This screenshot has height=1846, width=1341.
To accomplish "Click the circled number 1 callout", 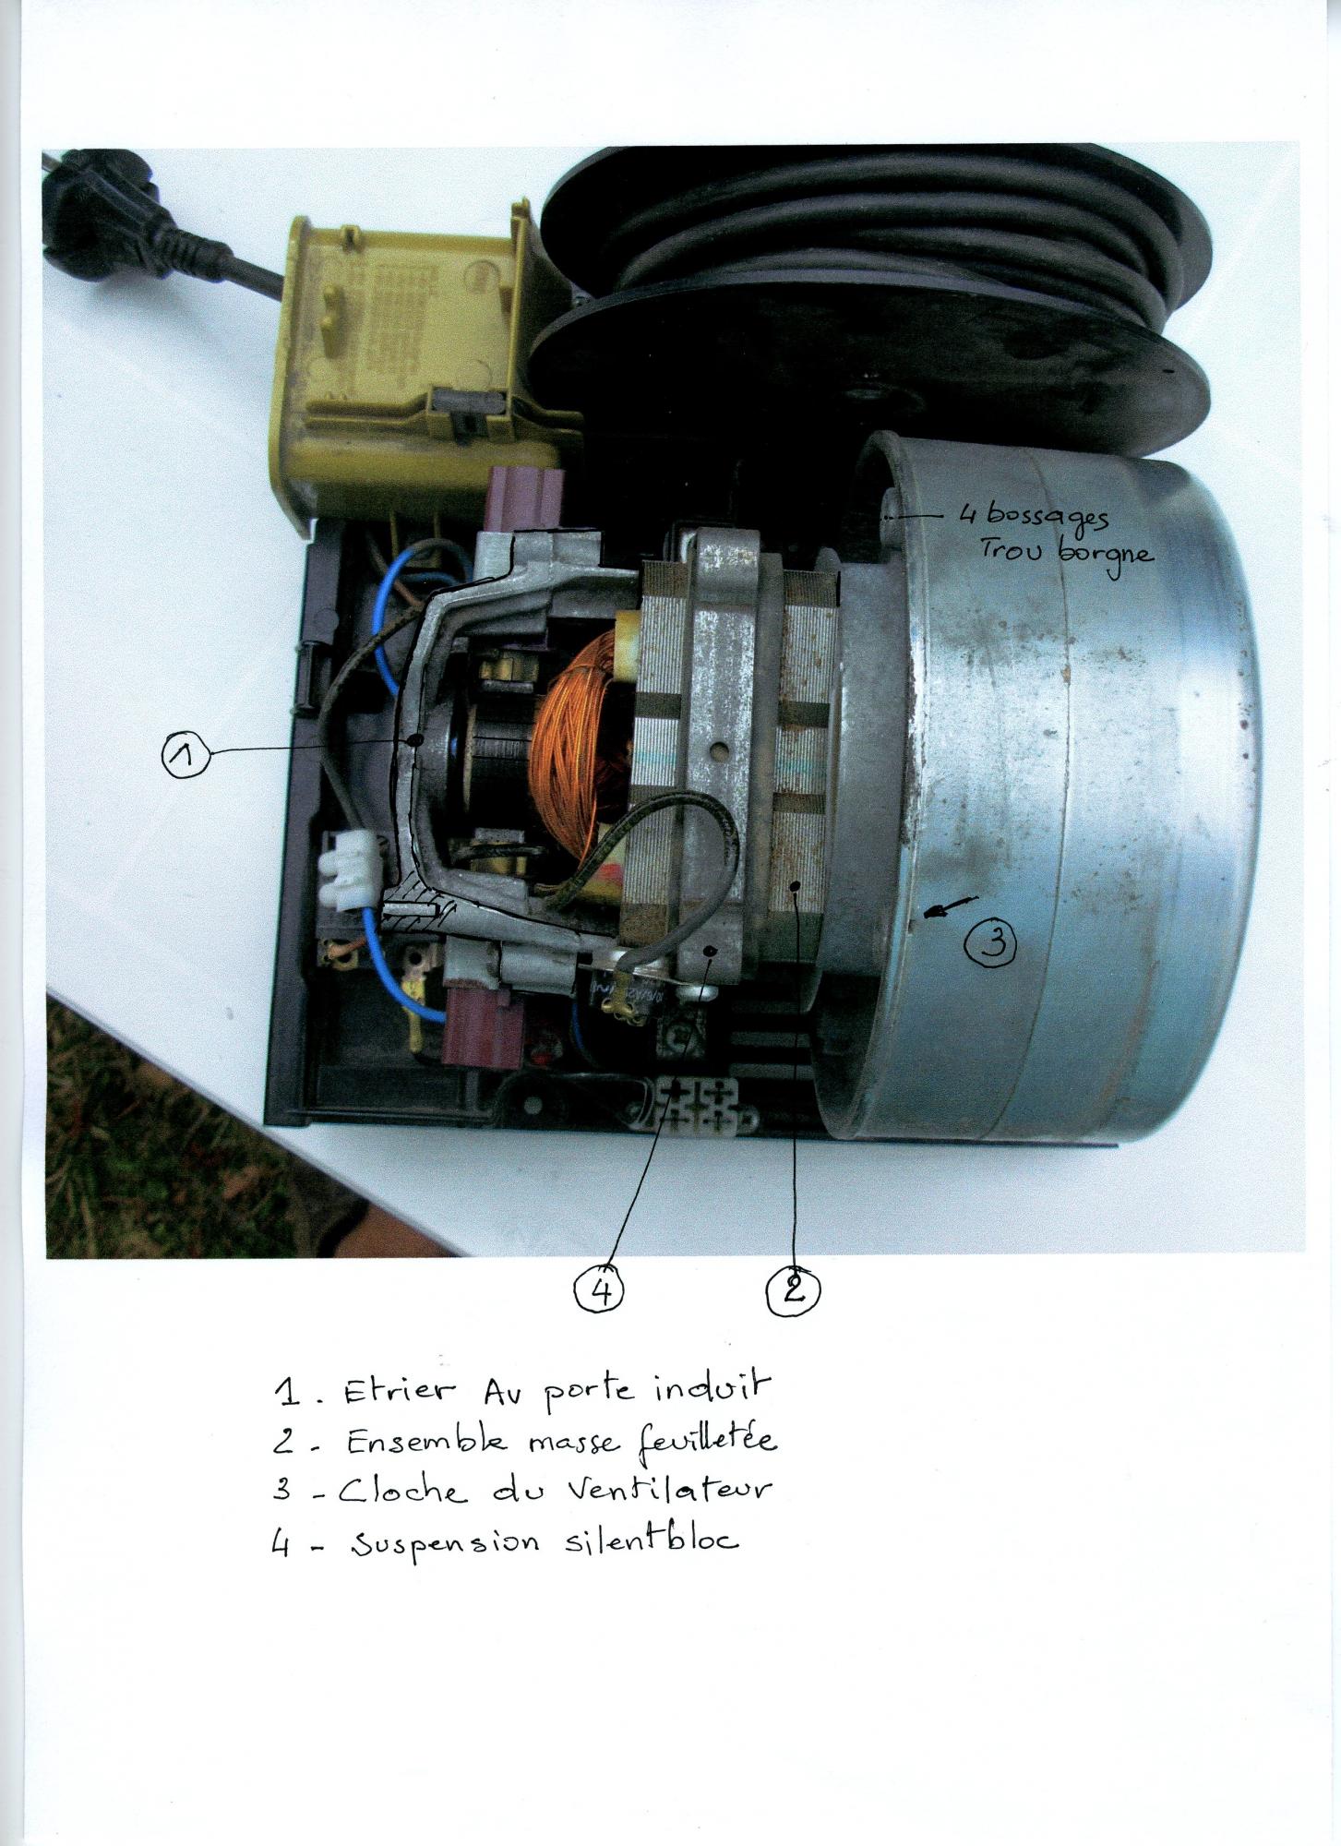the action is point(186,756).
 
